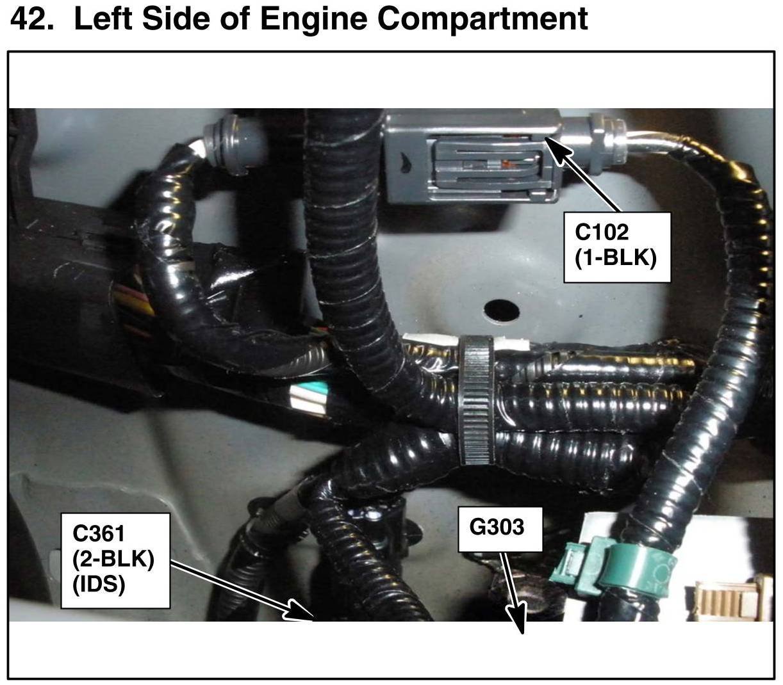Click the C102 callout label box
616,247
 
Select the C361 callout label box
115,560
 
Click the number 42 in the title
31,19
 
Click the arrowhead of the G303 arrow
517,624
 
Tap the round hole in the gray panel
501,309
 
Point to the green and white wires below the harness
309,399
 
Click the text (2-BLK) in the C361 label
113,559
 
